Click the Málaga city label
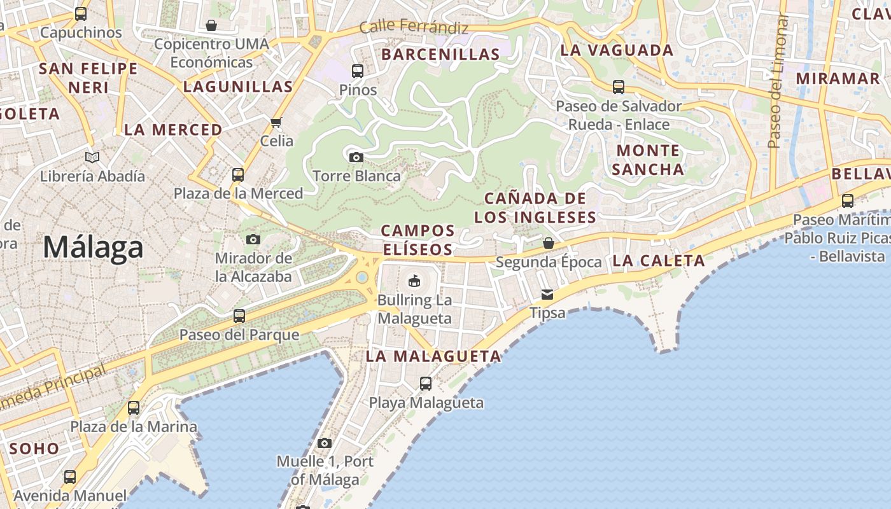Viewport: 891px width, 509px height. pyautogui.click(x=93, y=247)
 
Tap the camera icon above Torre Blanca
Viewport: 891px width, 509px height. pyautogui.click(x=356, y=157)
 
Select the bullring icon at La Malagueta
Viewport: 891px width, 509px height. pyautogui.click(x=414, y=280)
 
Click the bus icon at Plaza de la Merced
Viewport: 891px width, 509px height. pyautogui.click(x=238, y=174)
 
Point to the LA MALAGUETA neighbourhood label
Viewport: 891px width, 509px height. pyautogui.click(x=433, y=356)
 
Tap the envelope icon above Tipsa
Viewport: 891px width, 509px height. pyautogui.click(x=547, y=295)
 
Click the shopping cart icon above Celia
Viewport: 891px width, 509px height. pyautogui.click(x=276, y=122)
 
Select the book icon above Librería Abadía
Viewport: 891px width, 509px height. pyautogui.click(x=92, y=157)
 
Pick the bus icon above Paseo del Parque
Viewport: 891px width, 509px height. pyautogui.click(x=239, y=316)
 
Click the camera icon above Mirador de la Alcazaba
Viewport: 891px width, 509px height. pyautogui.click(x=253, y=239)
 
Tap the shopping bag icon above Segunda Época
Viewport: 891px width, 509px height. pyautogui.click(x=548, y=243)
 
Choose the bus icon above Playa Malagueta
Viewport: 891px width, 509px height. pyautogui.click(x=426, y=384)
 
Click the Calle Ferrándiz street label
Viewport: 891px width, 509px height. pyautogui.click(x=414, y=27)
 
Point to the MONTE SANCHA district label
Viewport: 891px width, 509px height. pyautogui.click(x=648, y=160)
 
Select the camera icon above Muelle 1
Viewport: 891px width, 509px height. pyautogui.click(x=325, y=443)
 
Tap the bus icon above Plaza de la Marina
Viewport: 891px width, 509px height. pyautogui.click(x=134, y=408)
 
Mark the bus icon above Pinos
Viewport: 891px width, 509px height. pyautogui.click(x=358, y=71)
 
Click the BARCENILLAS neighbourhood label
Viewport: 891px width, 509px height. pyautogui.click(x=440, y=55)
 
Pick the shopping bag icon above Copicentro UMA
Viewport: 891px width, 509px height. pyautogui.click(x=211, y=25)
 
